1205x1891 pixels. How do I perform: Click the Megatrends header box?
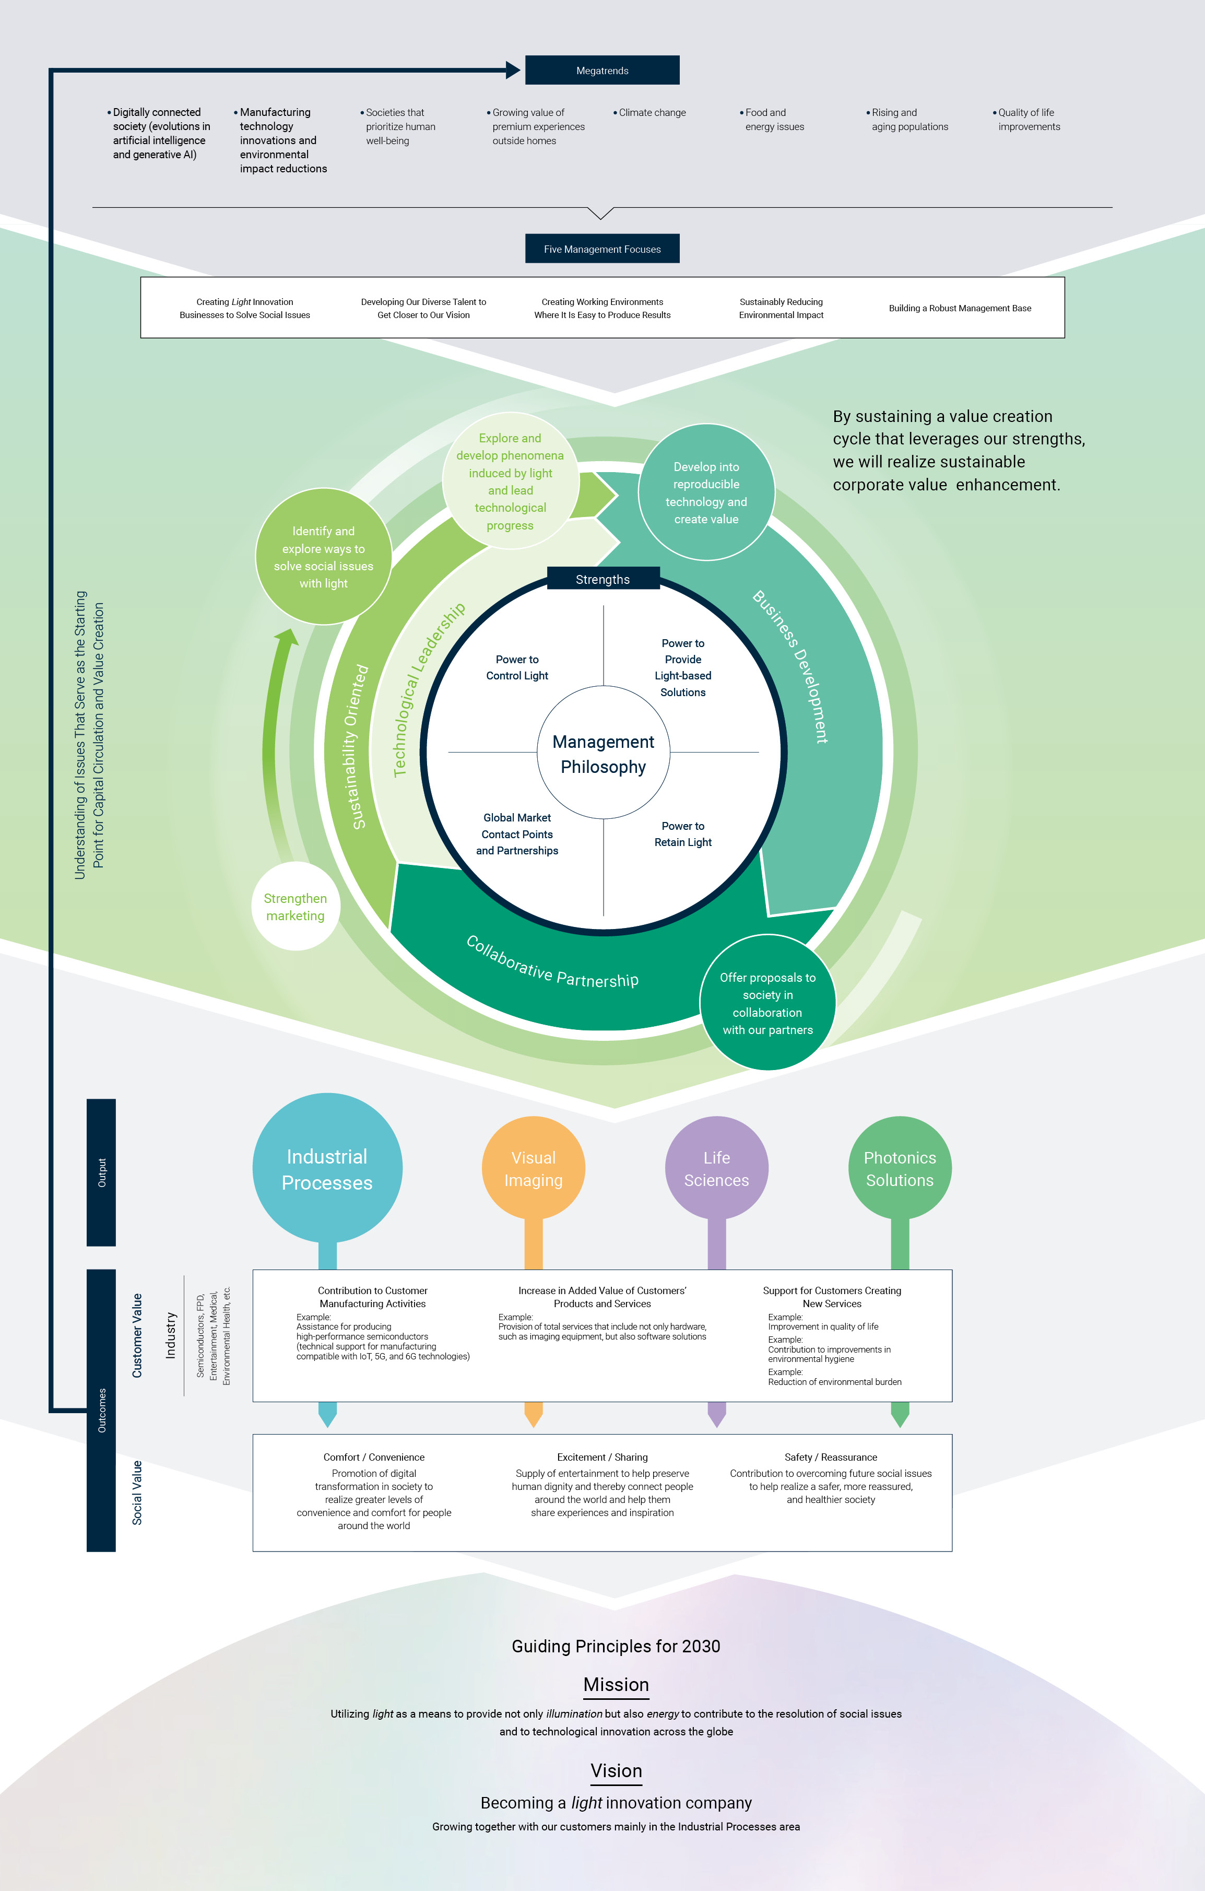(x=602, y=71)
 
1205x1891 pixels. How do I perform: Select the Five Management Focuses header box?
(x=602, y=249)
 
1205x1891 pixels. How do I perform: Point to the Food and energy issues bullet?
(x=773, y=120)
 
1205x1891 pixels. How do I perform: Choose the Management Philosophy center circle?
(x=603, y=753)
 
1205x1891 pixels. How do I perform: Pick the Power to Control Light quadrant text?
(x=516, y=667)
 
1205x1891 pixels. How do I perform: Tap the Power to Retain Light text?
(x=683, y=834)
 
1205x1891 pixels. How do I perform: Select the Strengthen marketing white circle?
(x=295, y=907)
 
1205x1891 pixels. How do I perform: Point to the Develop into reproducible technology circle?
(x=706, y=492)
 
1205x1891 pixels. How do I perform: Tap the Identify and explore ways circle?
(x=323, y=557)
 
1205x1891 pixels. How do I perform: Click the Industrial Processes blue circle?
(x=327, y=1169)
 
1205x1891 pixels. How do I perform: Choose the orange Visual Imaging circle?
(x=534, y=1169)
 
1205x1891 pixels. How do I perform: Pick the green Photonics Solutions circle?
(x=900, y=1169)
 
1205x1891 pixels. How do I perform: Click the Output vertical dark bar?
(x=101, y=1172)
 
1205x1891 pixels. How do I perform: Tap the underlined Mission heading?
(x=616, y=1685)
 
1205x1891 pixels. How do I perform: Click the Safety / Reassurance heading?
(x=831, y=1457)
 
